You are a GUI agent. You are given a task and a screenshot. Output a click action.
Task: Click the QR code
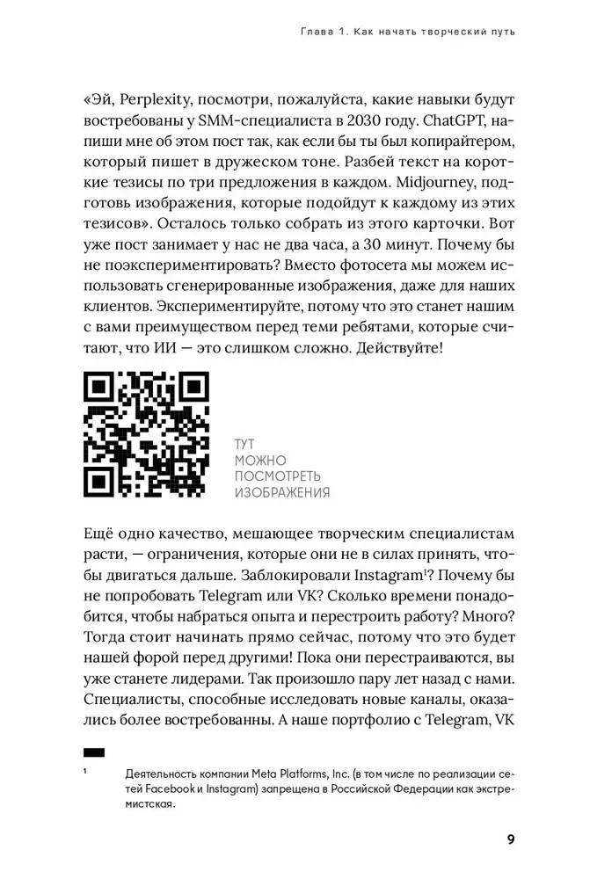pos(146,434)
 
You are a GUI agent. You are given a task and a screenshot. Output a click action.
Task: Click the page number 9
pos(511,839)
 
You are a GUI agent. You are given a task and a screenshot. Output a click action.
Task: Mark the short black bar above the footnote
pos(93,752)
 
